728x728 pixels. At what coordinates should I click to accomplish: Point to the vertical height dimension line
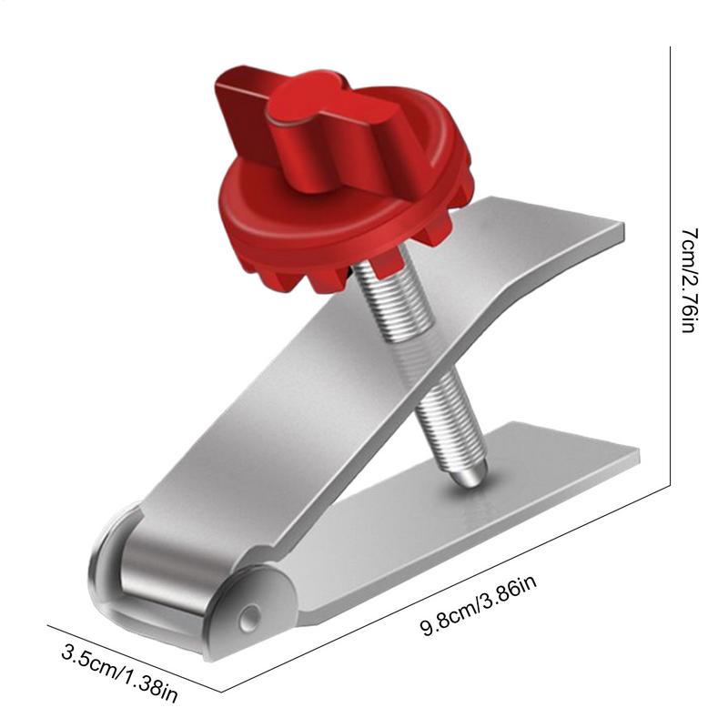click(671, 273)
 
